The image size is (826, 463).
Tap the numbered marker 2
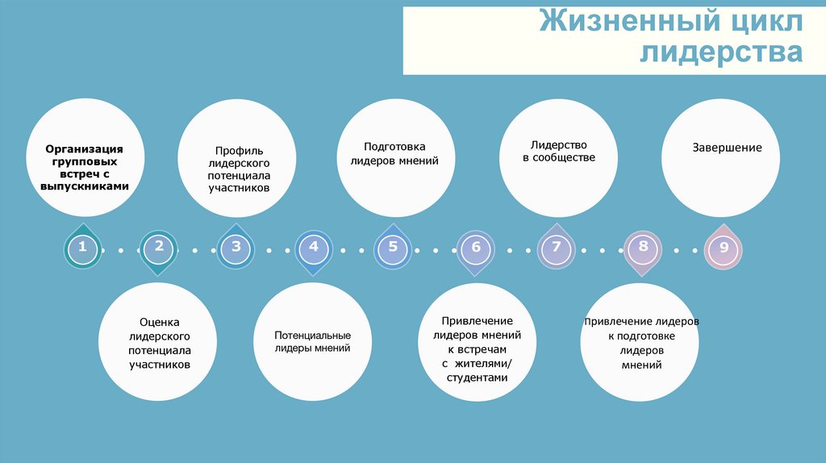tap(159, 247)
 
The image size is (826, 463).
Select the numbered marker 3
tap(236, 247)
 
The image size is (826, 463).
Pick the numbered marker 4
tap(314, 247)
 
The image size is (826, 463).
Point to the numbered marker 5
tap(393, 247)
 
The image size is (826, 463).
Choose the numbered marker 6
tap(476, 248)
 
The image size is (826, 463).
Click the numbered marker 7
tap(557, 248)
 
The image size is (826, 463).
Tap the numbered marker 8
tap(643, 247)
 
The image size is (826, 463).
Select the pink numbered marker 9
tap(724, 248)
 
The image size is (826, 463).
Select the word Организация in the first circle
tap(84, 148)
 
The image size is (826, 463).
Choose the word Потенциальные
tap(312, 335)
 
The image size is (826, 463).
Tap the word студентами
tap(476, 377)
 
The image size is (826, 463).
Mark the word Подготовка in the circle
tap(394, 147)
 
